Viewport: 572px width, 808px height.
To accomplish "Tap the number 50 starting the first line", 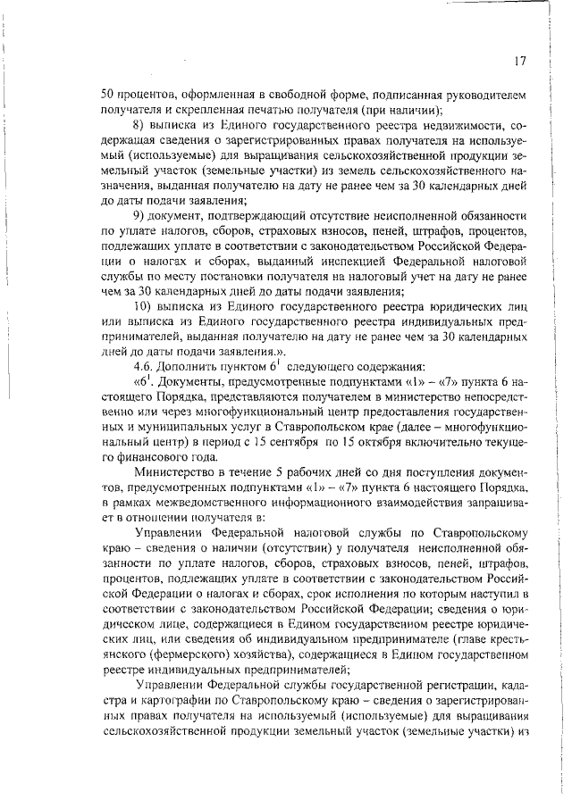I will pyautogui.click(x=106, y=94).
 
